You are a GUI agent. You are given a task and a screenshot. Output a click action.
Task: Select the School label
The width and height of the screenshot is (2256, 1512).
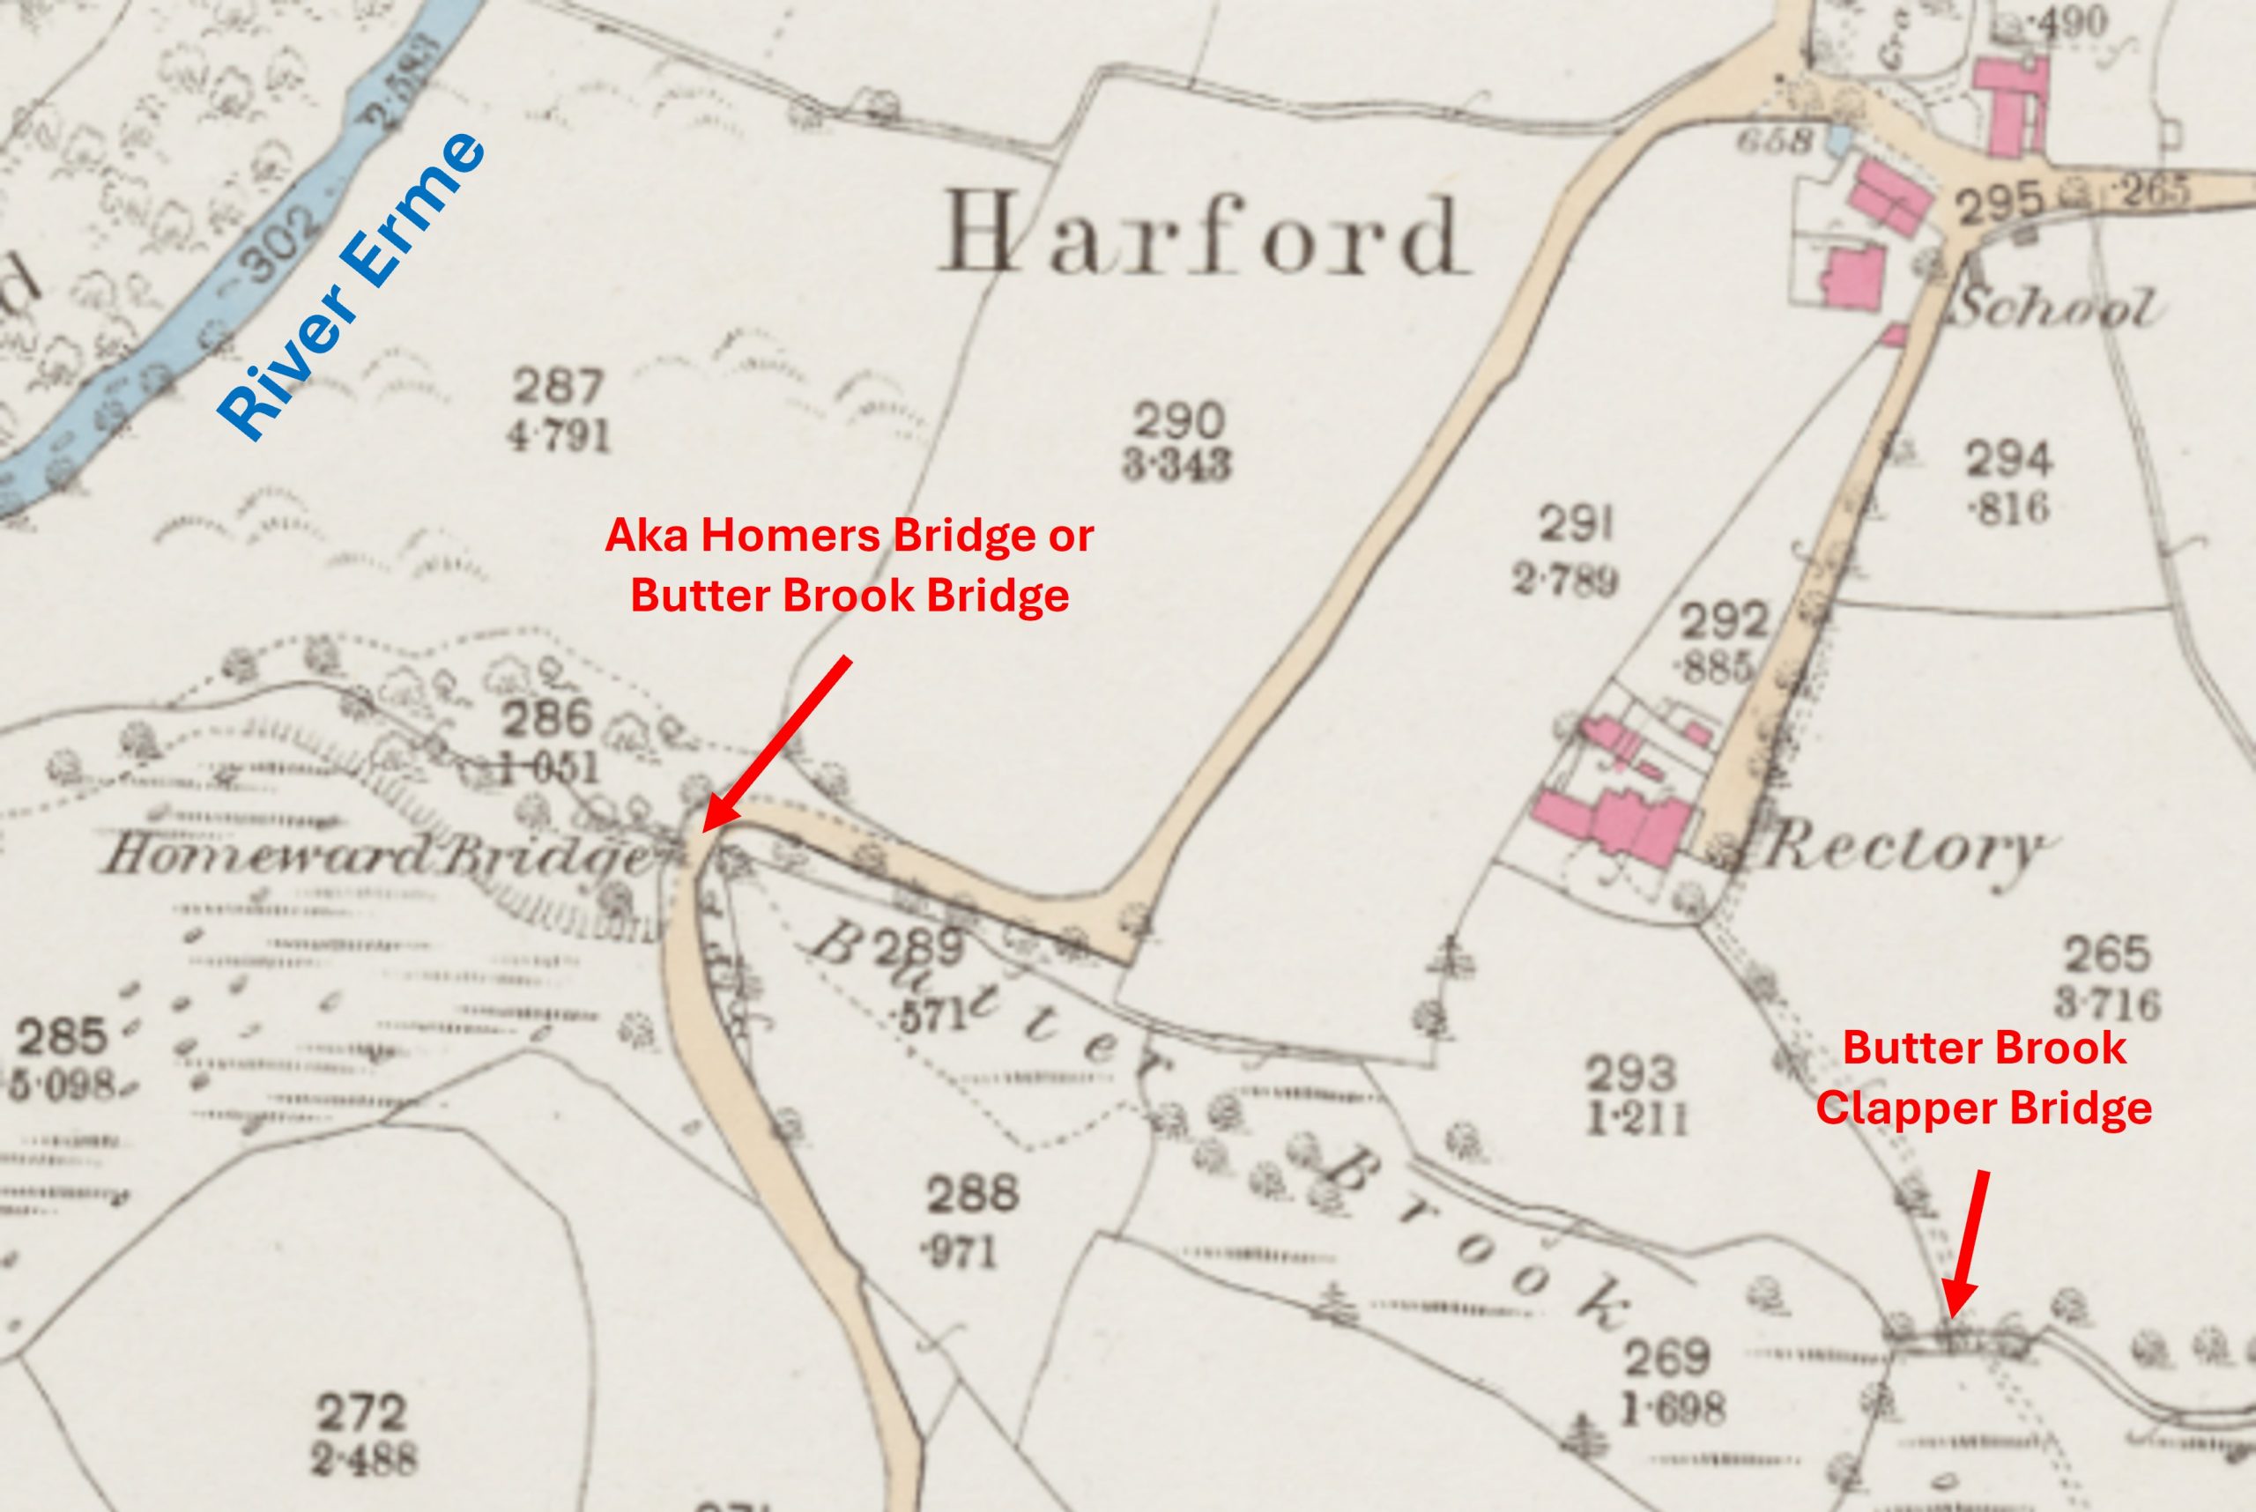pyautogui.click(x=2054, y=309)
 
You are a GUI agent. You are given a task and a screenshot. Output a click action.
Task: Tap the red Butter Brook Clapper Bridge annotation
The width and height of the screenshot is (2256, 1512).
pyautogui.click(x=1983, y=1078)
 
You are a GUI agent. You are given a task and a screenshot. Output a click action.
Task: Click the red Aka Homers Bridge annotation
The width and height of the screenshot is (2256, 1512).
pyautogui.click(x=849, y=565)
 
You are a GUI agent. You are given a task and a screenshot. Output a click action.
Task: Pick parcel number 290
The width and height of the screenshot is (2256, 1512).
pyautogui.click(x=1178, y=420)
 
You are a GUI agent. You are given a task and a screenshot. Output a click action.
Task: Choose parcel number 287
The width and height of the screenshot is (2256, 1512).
pyautogui.click(x=558, y=387)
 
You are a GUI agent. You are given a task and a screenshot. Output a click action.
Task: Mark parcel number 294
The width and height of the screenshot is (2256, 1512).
pyautogui.click(x=2008, y=460)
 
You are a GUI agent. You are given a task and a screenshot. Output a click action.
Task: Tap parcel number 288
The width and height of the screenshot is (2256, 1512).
pyautogui.click(x=971, y=1194)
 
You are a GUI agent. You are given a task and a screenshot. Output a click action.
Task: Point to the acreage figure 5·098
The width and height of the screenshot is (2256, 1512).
pyautogui.click(x=63, y=1085)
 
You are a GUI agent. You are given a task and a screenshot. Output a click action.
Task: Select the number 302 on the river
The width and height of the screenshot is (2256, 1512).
pyautogui.click(x=279, y=246)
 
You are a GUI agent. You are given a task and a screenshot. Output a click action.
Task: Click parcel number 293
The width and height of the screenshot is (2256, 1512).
pyautogui.click(x=1631, y=1072)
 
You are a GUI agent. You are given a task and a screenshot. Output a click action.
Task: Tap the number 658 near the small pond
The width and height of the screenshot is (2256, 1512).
pyautogui.click(x=1774, y=141)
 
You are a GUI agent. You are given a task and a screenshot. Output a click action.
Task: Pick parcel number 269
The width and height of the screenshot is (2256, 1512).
pyautogui.click(x=1667, y=1358)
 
